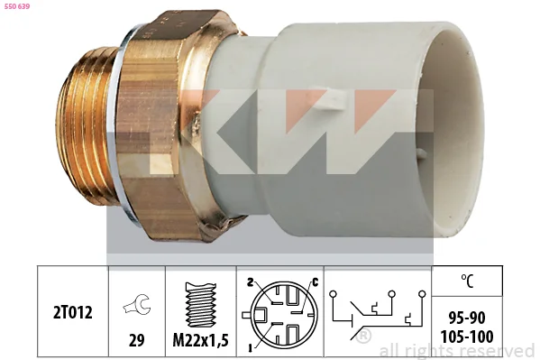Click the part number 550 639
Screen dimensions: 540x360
(x=16, y=6)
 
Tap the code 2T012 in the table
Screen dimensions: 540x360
(x=73, y=313)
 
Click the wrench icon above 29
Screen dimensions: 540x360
(x=136, y=305)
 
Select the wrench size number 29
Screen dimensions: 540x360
(x=136, y=340)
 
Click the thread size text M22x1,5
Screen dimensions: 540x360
(x=200, y=340)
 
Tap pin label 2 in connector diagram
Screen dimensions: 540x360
(x=251, y=282)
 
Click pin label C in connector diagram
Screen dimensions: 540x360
(x=316, y=282)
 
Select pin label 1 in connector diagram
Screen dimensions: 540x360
(x=250, y=348)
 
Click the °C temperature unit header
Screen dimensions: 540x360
(x=467, y=281)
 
